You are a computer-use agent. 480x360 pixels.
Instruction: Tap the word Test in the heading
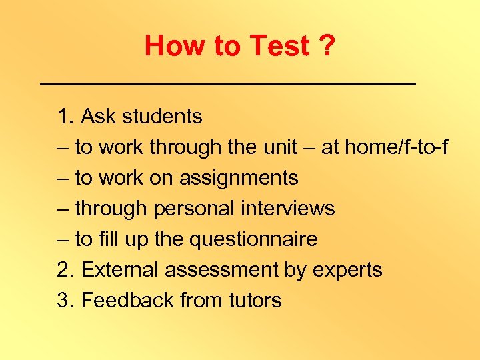(279, 46)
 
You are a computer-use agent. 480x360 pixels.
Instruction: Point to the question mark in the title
(327, 46)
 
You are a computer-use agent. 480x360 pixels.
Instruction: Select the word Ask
(98, 117)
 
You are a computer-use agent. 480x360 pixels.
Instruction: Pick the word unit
(277, 147)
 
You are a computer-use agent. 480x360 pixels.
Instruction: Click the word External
(122, 270)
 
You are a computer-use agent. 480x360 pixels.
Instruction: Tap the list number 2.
(64, 270)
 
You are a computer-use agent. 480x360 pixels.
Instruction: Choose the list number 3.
(64, 301)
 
